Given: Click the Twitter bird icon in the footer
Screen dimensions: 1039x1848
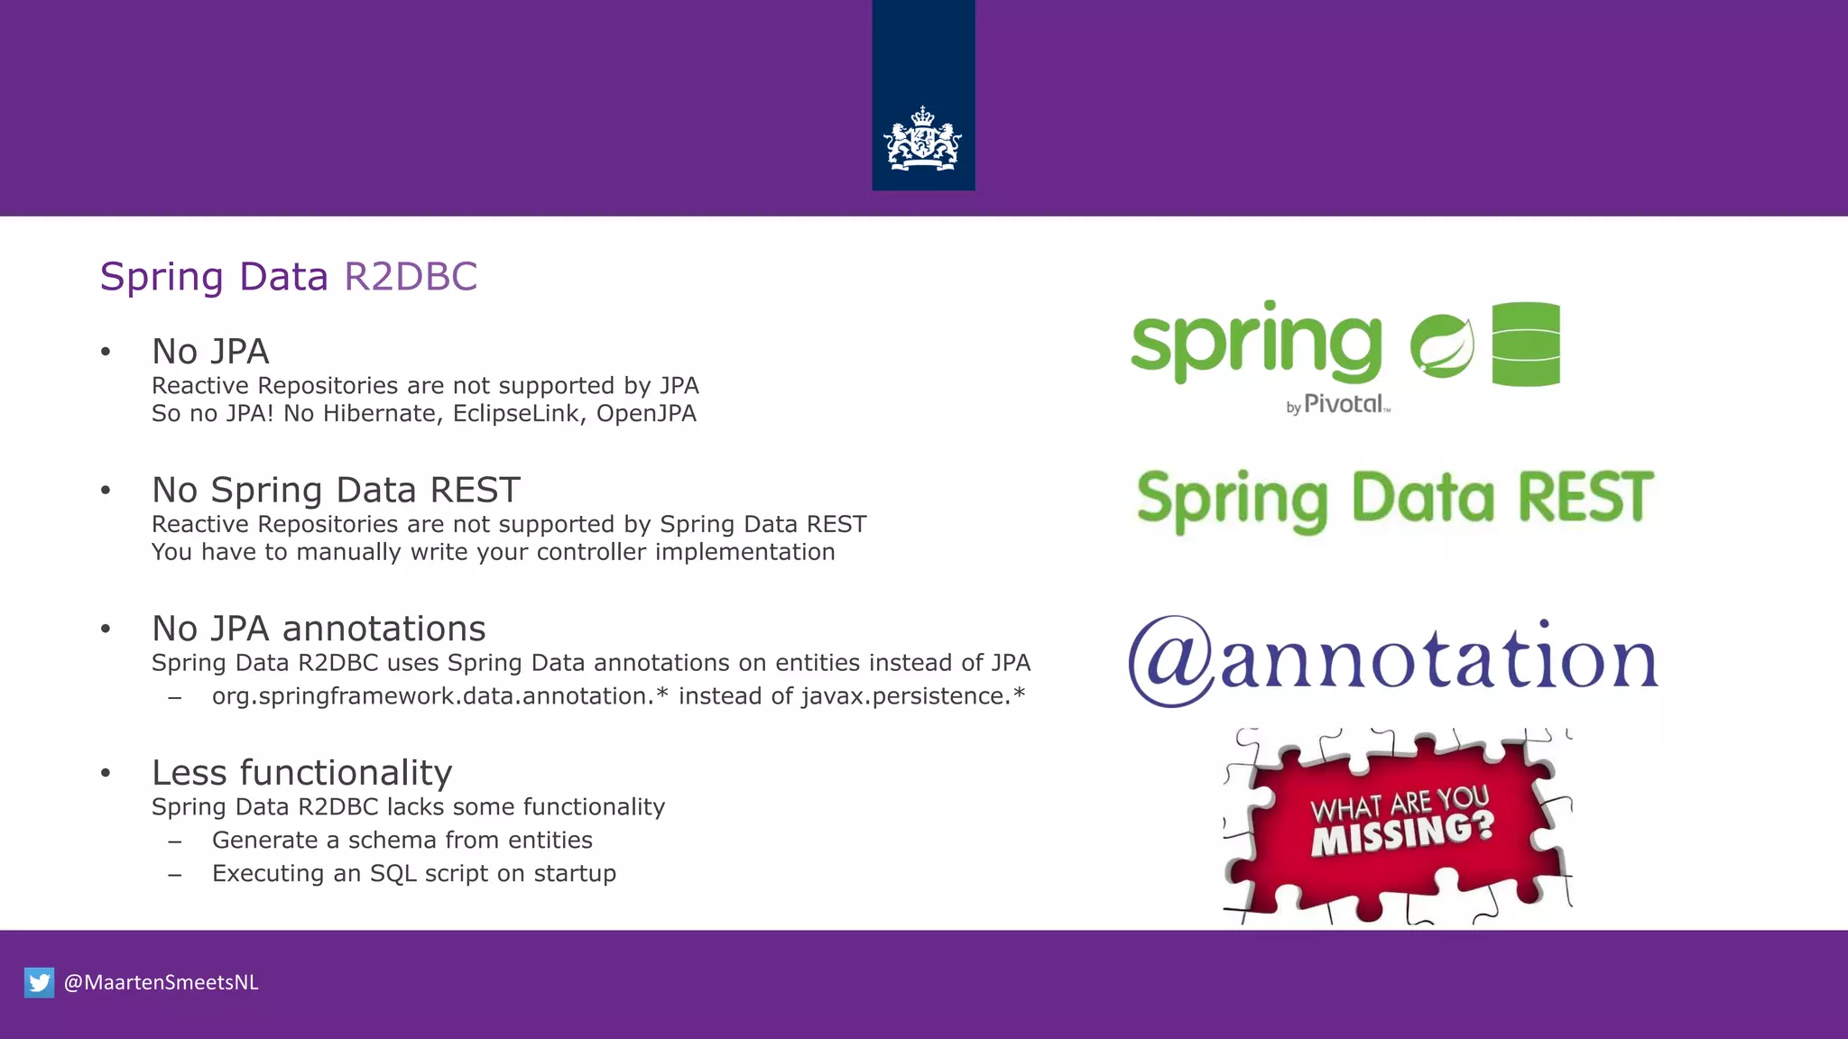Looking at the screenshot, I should tap(39, 982).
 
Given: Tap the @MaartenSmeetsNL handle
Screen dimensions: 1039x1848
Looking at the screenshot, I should tap(162, 982).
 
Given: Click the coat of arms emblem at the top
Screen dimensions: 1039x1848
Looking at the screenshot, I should tap(922, 140).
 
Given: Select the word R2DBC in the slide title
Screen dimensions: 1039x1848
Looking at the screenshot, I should tap(411, 276).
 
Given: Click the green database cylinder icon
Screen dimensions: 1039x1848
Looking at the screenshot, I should tap(1525, 344).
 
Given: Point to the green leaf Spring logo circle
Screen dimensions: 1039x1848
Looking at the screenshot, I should tap(1441, 345).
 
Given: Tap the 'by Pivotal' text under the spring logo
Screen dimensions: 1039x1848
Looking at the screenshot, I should tap(1338, 404).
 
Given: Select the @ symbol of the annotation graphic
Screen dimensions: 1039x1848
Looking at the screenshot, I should tap(1172, 660).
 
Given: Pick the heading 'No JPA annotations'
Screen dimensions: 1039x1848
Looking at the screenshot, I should tap(319, 628).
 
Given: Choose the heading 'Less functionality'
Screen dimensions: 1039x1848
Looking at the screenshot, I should tap(301, 772).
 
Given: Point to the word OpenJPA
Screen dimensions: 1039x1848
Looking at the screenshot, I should tap(646, 413).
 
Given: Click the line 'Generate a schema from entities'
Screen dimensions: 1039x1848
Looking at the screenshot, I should tap(402, 840).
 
